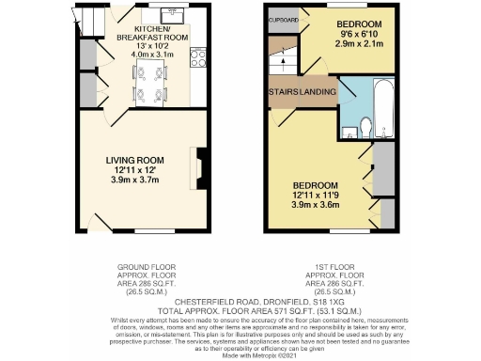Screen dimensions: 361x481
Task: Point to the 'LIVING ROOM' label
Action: pos(135,159)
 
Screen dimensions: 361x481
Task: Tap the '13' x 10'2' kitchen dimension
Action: pos(152,45)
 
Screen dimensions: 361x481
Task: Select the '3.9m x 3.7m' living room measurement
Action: pos(135,179)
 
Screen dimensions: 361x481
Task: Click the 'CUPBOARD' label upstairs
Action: pos(283,20)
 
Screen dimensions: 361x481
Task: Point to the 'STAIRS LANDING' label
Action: pos(299,91)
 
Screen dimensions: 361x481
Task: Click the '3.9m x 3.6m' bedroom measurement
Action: pos(315,204)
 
